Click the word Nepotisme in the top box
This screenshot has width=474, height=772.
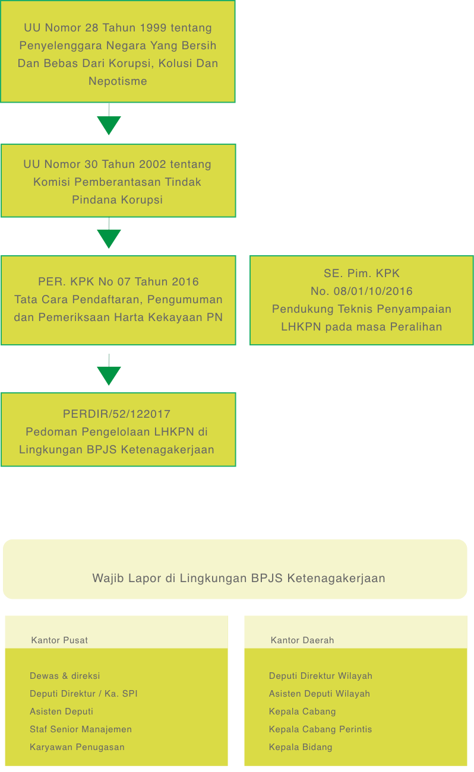[118, 81]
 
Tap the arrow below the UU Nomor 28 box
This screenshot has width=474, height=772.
[109, 119]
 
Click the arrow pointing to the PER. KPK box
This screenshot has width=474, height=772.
[109, 233]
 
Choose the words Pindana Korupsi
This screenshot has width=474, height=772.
[117, 200]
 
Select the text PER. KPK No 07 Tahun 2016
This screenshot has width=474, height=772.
[118, 282]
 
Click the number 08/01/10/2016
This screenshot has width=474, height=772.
[373, 291]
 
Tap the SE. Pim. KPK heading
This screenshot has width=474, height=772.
[362, 274]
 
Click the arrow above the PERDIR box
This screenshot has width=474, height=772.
[109, 370]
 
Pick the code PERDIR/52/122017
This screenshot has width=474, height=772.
[116, 414]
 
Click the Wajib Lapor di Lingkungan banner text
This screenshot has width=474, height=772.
[239, 579]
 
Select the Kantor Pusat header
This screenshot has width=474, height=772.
[59, 640]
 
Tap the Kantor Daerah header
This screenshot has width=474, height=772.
[302, 640]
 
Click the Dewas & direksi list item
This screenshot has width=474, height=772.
[65, 676]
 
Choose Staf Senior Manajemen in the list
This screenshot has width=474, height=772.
[81, 729]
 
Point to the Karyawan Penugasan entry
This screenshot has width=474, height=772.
[77, 747]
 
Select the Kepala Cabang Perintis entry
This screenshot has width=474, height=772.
[321, 729]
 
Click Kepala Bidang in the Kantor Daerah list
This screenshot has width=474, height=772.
[301, 747]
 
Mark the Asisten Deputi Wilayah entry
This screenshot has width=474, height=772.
[320, 694]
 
